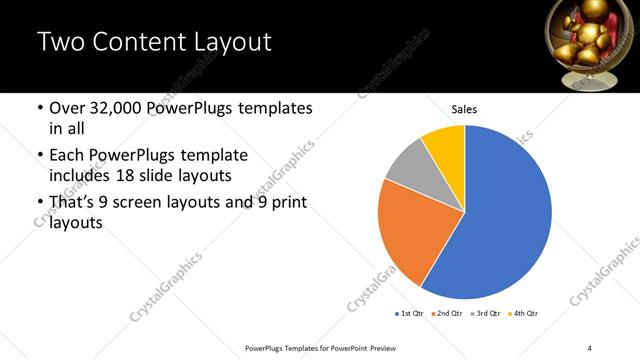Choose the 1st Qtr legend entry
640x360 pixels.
click(410, 314)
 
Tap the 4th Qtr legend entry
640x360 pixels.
click(525, 314)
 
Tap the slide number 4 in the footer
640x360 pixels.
click(590, 347)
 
